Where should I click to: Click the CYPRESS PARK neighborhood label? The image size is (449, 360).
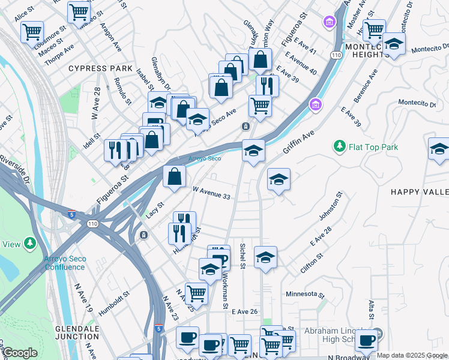click(100, 68)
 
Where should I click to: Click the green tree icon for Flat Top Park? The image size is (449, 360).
click(340, 146)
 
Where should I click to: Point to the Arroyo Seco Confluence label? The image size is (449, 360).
click(65, 263)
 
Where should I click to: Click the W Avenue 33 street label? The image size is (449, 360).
click(211, 193)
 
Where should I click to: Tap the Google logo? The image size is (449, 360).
click(19, 353)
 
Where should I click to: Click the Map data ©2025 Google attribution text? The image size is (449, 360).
click(412, 355)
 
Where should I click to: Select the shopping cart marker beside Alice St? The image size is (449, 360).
click(32, 31)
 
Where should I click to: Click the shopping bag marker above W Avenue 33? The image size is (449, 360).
click(174, 176)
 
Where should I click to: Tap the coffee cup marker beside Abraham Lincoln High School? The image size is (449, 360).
click(366, 340)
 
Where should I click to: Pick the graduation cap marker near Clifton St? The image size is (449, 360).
click(265, 257)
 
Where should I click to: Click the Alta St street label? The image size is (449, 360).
click(372, 309)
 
